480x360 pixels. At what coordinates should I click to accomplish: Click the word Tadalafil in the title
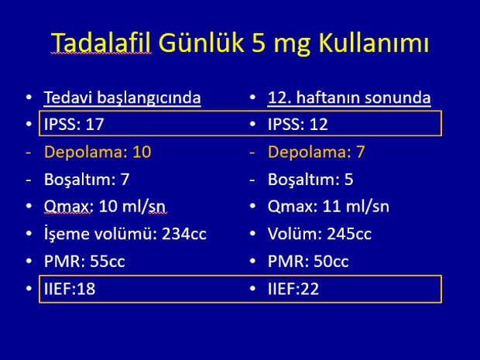(101, 42)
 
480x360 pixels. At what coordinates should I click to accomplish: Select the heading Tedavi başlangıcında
(122, 98)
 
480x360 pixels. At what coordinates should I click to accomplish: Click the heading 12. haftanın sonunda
(349, 98)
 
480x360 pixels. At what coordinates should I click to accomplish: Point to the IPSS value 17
(95, 125)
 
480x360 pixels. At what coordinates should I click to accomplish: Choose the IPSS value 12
(318, 125)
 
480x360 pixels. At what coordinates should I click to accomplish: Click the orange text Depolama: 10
(98, 153)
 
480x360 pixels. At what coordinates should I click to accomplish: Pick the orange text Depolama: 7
(316, 153)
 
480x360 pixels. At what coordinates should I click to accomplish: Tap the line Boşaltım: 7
(87, 180)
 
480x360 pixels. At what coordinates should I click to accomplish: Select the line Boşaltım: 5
(310, 180)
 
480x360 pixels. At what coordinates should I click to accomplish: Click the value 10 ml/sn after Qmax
(132, 207)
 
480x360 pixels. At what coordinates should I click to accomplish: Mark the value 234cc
(184, 234)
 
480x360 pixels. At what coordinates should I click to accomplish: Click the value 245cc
(349, 234)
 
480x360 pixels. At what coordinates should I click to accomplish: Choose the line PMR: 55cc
(84, 262)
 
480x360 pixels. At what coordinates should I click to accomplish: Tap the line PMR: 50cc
(308, 262)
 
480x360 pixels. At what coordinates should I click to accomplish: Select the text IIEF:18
(70, 289)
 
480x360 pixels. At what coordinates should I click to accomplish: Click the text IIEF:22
(293, 289)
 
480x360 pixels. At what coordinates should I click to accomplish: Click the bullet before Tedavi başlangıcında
(29, 98)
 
